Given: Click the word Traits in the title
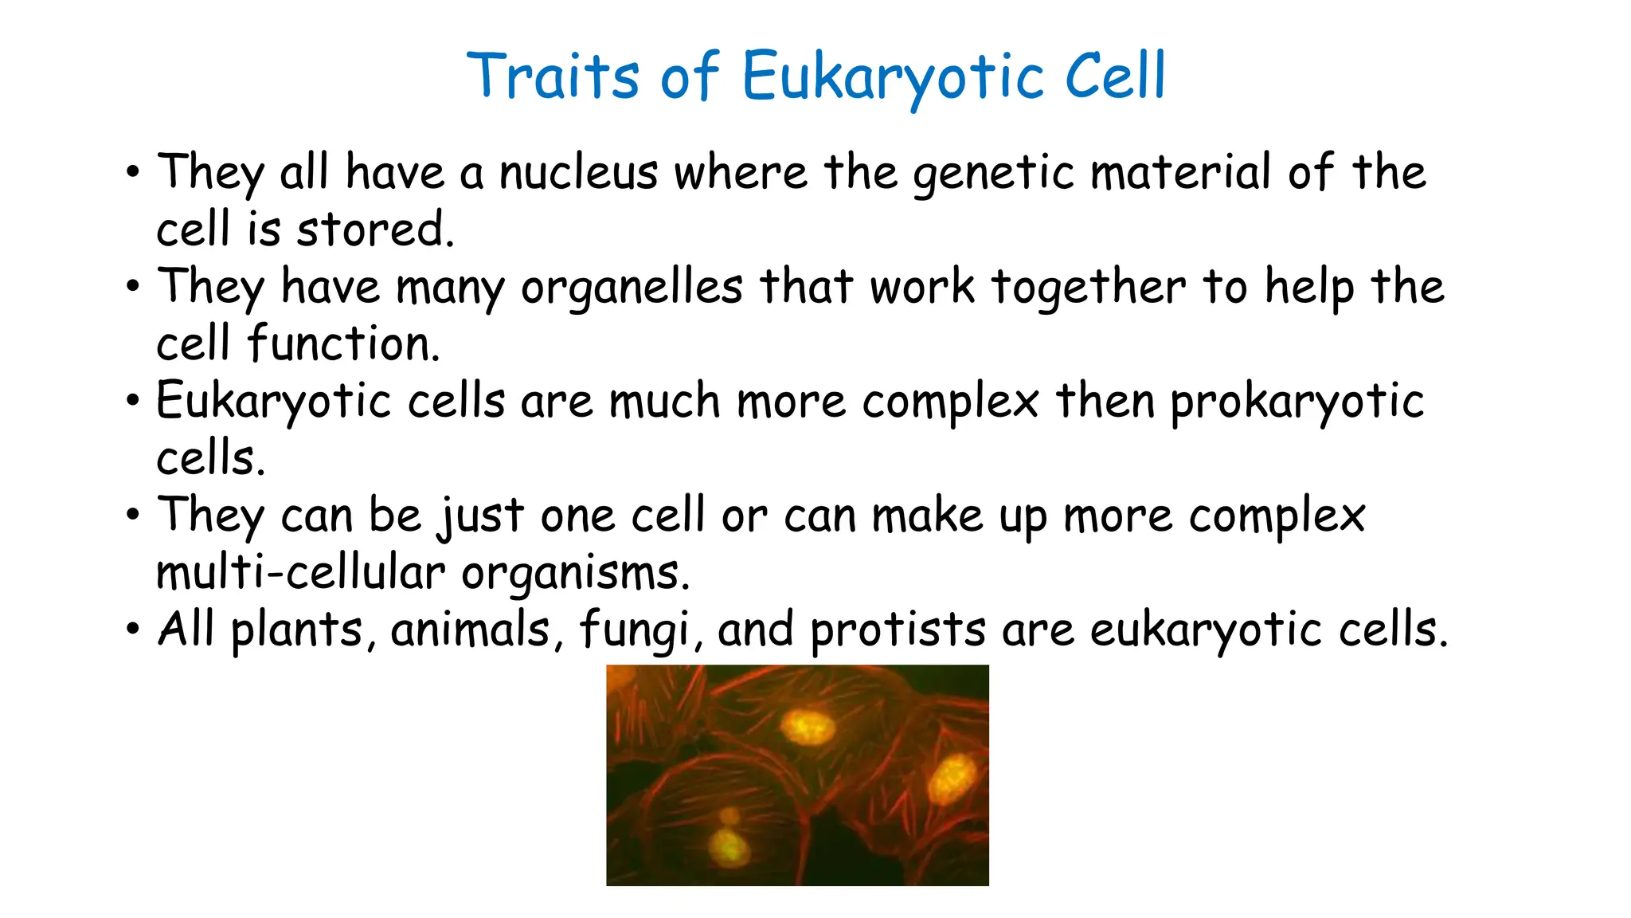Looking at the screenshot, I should [553, 76].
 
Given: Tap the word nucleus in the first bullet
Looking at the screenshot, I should [578, 172].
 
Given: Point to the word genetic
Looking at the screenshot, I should [993, 174].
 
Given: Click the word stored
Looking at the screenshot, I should [375, 229].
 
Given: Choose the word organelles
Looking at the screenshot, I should [632, 288].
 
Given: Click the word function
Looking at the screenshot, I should [342, 344].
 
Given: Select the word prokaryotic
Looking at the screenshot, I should [1297, 402].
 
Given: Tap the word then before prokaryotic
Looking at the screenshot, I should [1105, 401].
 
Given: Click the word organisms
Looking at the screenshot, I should [575, 574].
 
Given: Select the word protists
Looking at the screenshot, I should [898, 630].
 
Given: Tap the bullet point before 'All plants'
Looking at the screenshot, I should [132, 630].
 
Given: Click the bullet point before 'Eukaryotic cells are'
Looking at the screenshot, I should [132, 401].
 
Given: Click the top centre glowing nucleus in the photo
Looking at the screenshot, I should [808, 727].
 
